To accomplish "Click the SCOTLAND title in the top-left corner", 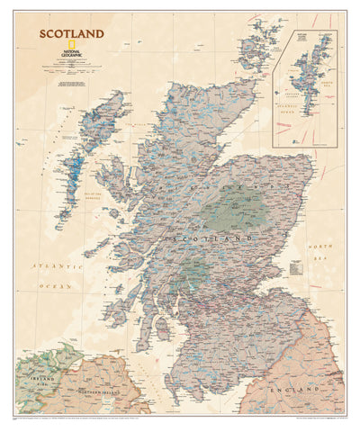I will click(71, 34).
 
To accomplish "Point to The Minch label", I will click(135, 116).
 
